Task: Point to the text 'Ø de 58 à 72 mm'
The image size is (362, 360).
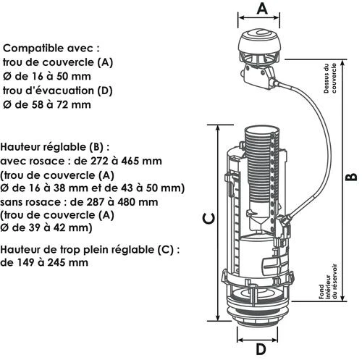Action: point(48,104)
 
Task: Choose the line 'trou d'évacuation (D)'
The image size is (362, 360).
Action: point(58,91)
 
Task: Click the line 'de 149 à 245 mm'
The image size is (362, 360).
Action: point(45,263)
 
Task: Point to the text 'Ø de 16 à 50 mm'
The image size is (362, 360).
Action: point(48,77)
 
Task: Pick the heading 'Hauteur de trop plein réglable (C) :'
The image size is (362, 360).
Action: point(90,249)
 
